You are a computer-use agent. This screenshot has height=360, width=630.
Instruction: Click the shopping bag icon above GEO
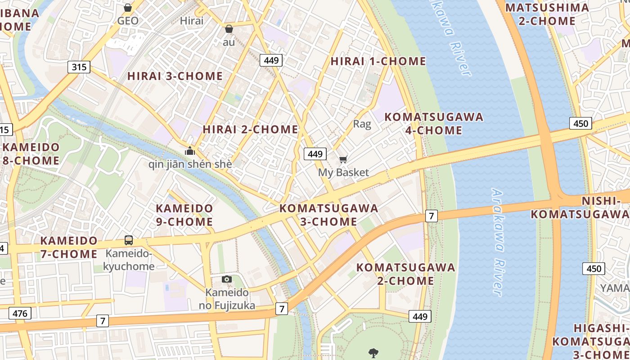tap(128, 8)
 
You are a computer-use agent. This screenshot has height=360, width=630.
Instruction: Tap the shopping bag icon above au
tap(229, 29)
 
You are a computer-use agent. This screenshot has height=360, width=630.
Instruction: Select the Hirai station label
tap(192, 21)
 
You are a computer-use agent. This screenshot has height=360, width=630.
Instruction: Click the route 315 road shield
tap(79, 67)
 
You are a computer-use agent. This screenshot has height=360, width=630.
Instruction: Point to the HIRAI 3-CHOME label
tap(175, 76)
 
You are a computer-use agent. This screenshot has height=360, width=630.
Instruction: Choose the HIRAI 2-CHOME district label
tap(250, 130)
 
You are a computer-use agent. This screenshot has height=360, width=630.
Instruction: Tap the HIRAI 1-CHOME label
tap(378, 61)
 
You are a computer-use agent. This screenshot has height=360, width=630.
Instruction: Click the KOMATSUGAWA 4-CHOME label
tap(434, 124)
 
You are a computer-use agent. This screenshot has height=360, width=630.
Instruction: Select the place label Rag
tap(362, 124)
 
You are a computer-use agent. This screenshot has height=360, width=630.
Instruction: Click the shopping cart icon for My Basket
tap(343, 159)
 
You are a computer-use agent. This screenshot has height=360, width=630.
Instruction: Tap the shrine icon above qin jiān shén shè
tap(190, 150)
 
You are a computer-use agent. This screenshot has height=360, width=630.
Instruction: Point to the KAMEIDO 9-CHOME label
tap(184, 215)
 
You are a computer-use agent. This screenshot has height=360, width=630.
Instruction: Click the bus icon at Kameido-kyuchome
tap(129, 240)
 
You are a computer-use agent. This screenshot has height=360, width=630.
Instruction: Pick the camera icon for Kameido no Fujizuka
tap(227, 279)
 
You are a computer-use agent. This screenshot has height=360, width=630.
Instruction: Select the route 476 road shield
tap(20, 314)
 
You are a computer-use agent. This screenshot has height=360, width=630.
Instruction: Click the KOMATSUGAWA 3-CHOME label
tap(328, 215)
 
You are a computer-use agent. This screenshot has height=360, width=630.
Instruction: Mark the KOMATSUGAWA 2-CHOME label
tap(405, 274)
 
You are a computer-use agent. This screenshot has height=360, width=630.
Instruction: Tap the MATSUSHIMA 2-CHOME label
tap(547, 14)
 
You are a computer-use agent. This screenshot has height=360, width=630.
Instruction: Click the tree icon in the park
tap(373, 353)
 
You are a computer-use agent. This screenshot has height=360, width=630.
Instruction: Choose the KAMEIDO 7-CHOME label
tap(69, 247)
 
